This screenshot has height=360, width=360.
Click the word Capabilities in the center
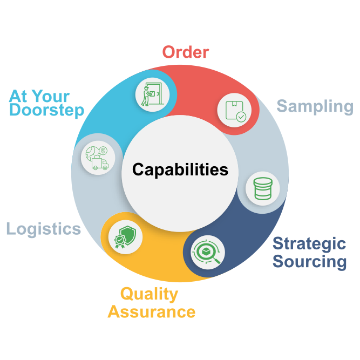pyautogui.click(x=180, y=170)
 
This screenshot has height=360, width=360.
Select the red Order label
pyautogui.click(x=185, y=52)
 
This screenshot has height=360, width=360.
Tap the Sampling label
pyautogui.click(x=315, y=106)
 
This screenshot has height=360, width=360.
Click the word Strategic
pyautogui.click(x=309, y=243)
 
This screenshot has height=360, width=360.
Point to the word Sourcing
pyautogui.click(x=309, y=262)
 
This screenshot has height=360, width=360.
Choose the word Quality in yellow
pyautogui.click(x=149, y=294)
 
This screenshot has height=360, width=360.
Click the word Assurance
pyautogui.click(x=151, y=311)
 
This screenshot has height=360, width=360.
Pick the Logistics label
pyautogui.click(x=43, y=228)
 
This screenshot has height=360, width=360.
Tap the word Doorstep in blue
pyautogui.click(x=46, y=111)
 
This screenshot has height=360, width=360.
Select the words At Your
pyautogui.click(x=39, y=96)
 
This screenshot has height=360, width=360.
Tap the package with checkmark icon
pyautogui.click(x=234, y=110)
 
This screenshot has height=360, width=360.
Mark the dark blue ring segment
pyautogui.click(x=254, y=237)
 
